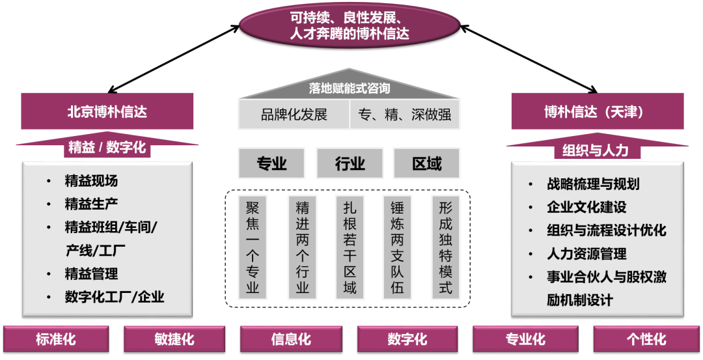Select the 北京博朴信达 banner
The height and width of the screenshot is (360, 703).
pyautogui.click(x=107, y=111)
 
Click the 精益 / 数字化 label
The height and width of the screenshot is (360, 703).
pyautogui.click(x=107, y=147)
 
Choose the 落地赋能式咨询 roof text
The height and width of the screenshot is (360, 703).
pyautogui.click(x=350, y=89)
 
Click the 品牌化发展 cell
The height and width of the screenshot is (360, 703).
pyautogui.click(x=294, y=115)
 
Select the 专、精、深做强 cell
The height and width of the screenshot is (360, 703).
pyautogui.click(x=405, y=115)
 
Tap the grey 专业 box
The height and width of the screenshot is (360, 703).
pyautogui.click(x=271, y=163)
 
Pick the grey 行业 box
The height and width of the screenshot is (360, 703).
pyautogui.click(x=350, y=163)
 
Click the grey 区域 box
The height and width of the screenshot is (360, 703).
pyautogui.click(x=426, y=163)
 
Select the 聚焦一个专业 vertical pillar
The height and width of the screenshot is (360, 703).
pyautogui.click(x=253, y=247)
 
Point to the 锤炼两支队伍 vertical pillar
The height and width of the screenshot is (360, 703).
pyautogui.click(x=397, y=247)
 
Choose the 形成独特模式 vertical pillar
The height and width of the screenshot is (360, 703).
pyautogui.click(x=445, y=247)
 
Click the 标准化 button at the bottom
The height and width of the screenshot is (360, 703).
pyautogui.click(x=56, y=339)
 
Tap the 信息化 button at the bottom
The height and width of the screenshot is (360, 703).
pyautogui.click(x=291, y=339)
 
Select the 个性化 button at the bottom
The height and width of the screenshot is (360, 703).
pyautogui.click(x=646, y=339)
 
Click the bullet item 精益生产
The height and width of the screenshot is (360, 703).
pyautogui.click(x=91, y=204)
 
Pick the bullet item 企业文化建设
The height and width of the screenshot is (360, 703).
pyautogui.click(x=586, y=207)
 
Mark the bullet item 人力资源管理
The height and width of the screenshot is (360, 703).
pyautogui.click(x=586, y=254)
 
